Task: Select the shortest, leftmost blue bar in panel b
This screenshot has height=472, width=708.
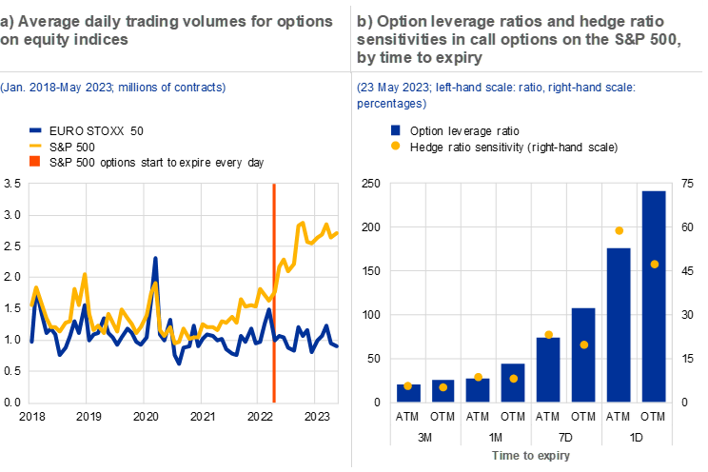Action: [x=408, y=392]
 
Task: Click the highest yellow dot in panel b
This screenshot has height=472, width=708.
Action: [x=619, y=230]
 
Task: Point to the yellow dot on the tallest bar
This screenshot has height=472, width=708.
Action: [x=654, y=264]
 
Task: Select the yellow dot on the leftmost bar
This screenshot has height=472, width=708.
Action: [x=408, y=385]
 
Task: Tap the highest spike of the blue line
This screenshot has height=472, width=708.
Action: [x=154, y=259]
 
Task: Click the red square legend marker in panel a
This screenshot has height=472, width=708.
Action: [x=35, y=161]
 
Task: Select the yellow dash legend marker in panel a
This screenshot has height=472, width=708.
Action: [x=35, y=146]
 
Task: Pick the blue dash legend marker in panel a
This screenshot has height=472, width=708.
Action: [x=35, y=130]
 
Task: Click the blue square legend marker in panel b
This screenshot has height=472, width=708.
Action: [x=396, y=129]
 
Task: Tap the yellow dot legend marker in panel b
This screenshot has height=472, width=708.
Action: [x=396, y=146]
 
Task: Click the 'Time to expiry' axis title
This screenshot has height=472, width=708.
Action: [x=531, y=456]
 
